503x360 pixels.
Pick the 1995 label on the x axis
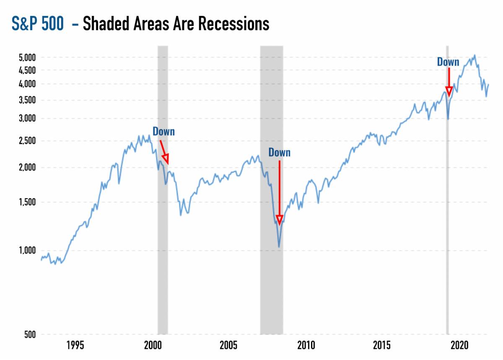pos(75,346)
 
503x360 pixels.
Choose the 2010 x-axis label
pos(306,346)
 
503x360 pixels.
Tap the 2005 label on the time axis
pos(229,346)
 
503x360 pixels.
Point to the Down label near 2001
pos(163,132)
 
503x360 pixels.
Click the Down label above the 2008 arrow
pos(279,153)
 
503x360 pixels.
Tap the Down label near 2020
pos(448,62)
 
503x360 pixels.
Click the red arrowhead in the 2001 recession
pos(166,158)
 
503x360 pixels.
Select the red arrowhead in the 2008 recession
pos(279,219)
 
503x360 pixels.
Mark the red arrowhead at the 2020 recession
pos(449,92)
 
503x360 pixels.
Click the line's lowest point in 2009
pos(279,247)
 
